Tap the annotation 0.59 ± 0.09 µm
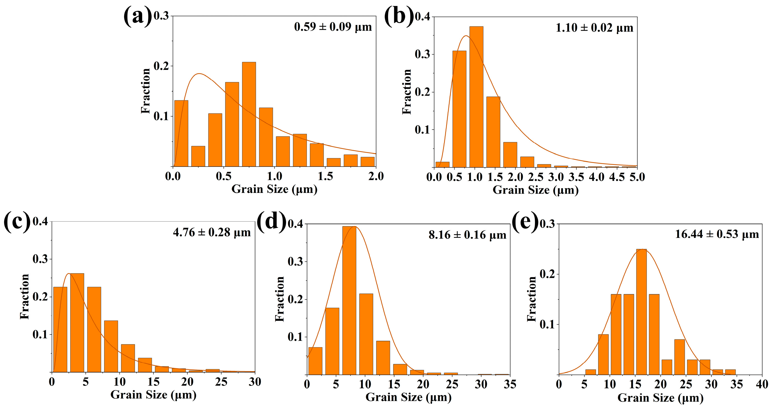click(x=333, y=27)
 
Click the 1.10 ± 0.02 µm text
click(x=595, y=28)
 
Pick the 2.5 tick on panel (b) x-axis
click(x=536, y=177)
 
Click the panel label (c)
click(x=17, y=222)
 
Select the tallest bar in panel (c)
click(x=77, y=323)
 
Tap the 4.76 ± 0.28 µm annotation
click(x=212, y=233)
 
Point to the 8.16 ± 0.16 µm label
click(x=467, y=235)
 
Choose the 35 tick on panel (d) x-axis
click(x=510, y=384)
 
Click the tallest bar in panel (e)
click(x=641, y=312)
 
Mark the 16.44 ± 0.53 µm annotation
click(x=717, y=234)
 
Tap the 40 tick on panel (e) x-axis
click(x=762, y=384)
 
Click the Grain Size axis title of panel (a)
click(x=274, y=189)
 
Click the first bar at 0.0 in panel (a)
click(x=181, y=133)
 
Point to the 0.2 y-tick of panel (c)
click(x=40, y=297)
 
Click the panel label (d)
click(x=271, y=223)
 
